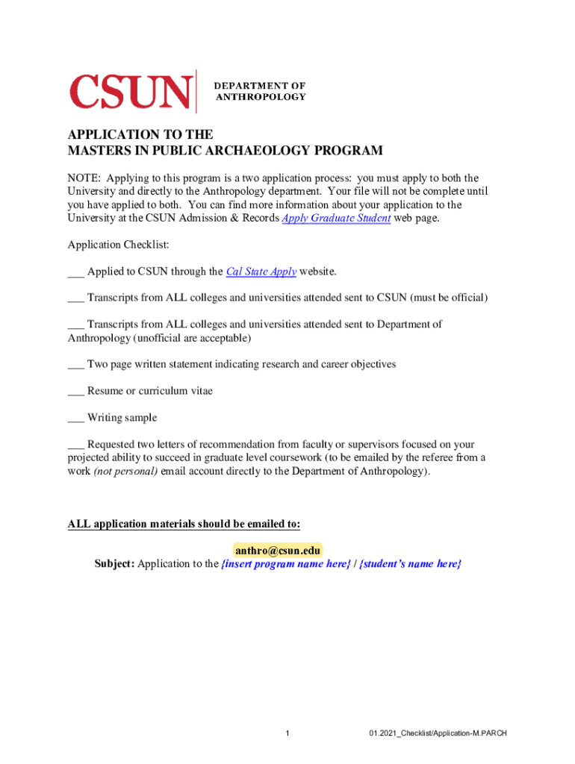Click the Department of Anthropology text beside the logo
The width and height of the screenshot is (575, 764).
[260, 92]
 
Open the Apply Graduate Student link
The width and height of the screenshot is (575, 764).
[335, 218]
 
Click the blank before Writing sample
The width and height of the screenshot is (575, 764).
[75, 418]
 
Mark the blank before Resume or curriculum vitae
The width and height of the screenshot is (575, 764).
[75, 391]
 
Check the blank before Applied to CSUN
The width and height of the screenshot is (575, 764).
[75, 272]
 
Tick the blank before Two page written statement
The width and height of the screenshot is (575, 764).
[75, 364]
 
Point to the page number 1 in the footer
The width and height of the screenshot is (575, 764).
[287, 733]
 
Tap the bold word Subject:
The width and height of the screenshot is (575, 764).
[114, 564]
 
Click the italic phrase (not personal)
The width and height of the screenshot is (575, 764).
[125, 472]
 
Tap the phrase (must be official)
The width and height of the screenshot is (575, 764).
[448, 298]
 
